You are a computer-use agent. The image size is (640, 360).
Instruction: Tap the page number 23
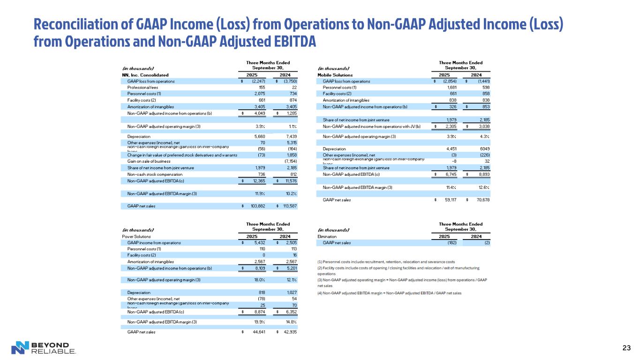coord(625,347)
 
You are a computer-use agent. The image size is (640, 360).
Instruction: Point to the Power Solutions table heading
coord(133,237)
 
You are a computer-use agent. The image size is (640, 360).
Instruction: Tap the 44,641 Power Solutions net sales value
coord(261,332)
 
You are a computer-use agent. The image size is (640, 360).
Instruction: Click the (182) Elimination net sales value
coord(452,243)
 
